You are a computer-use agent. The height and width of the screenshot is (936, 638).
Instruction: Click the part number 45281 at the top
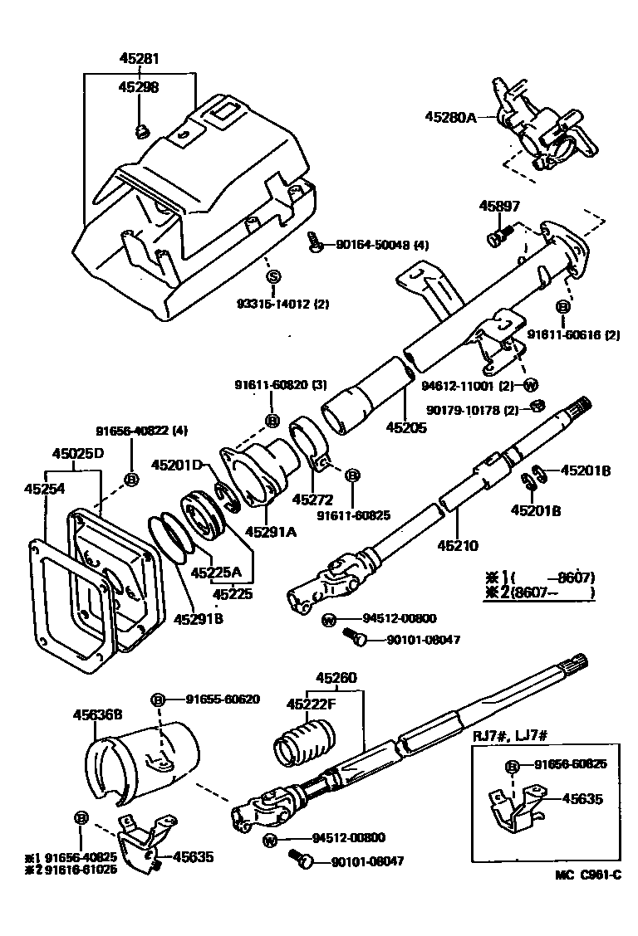[x=138, y=59]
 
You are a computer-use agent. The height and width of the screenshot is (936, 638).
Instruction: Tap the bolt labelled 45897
[x=498, y=237]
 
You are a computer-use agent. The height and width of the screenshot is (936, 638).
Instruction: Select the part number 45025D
[x=79, y=454]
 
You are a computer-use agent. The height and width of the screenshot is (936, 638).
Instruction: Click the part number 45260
[x=336, y=678]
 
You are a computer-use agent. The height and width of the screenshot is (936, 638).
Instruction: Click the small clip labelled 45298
[x=140, y=129]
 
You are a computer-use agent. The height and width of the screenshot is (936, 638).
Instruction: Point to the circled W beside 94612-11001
[x=531, y=384]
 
